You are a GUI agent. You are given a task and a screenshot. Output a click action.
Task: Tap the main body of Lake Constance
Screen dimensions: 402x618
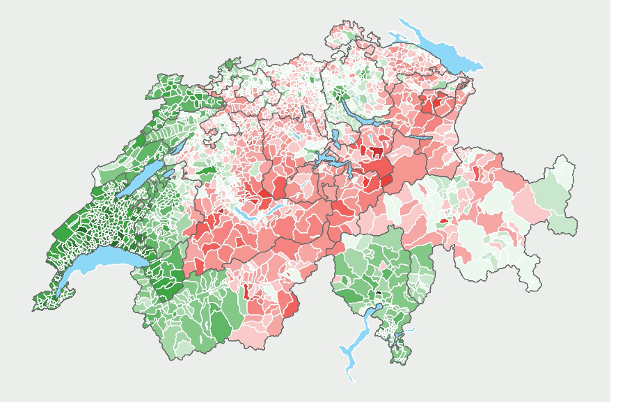pos(445,54)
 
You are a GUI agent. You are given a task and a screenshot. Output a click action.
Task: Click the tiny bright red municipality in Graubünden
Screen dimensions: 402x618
pos(443,221)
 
